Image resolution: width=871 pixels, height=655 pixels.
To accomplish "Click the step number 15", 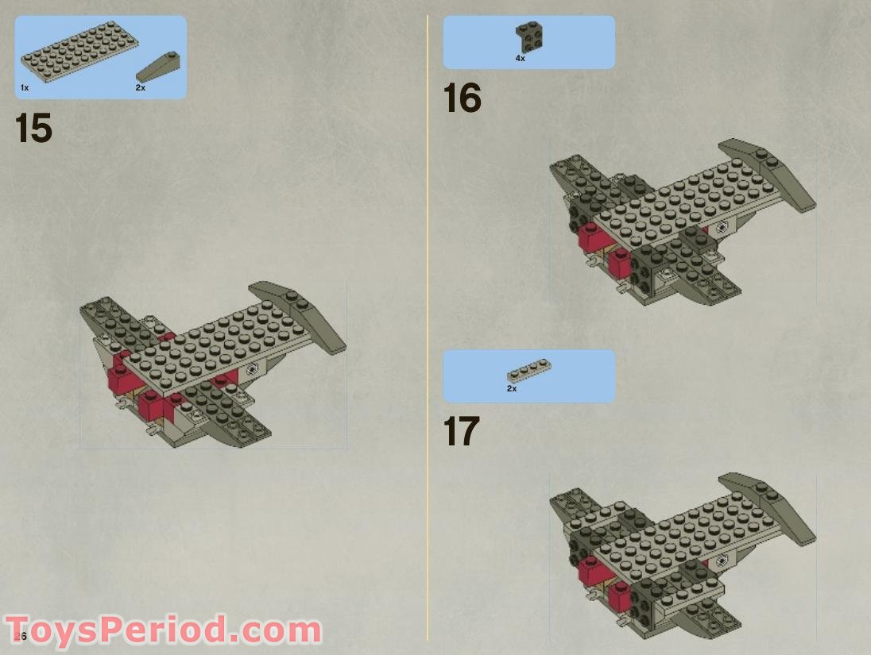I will (33, 129).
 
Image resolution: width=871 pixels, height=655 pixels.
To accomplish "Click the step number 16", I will (462, 98).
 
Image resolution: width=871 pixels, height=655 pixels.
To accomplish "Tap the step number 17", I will (462, 432).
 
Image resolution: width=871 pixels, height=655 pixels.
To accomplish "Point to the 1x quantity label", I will (25, 87).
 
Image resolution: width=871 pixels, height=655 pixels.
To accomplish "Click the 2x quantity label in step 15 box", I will (141, 87).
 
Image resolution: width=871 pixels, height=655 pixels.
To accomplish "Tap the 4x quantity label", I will (520, 58).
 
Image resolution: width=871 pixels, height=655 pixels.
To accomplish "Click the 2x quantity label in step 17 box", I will (512, 388).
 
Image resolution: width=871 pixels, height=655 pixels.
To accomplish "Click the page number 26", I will (21, 636).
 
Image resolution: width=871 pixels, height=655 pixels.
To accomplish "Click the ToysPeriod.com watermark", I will (163, 631).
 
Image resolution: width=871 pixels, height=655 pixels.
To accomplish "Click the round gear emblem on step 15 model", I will (252, 368).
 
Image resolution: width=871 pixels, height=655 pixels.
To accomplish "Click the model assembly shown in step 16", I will (676, 226).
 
